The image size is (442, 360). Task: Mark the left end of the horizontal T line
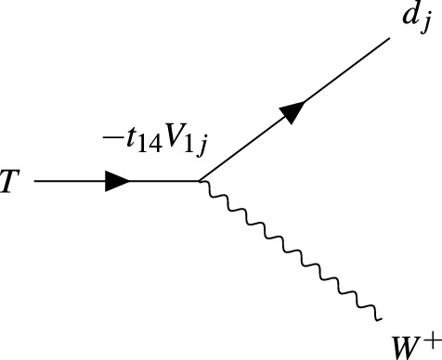pos(35,182)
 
